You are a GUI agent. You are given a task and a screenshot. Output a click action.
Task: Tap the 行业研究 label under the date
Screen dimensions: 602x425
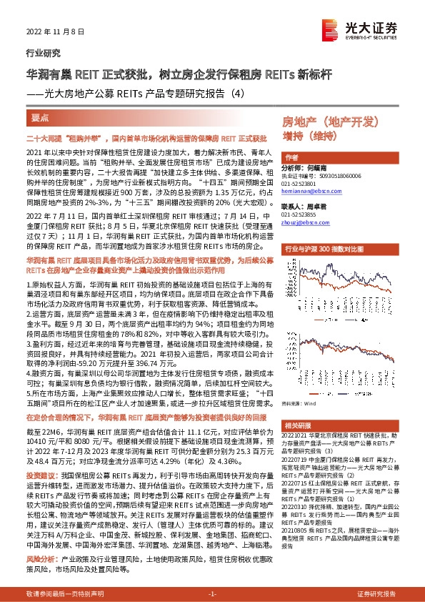[39, 53]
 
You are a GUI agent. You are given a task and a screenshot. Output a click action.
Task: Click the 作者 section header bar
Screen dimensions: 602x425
[291, 156]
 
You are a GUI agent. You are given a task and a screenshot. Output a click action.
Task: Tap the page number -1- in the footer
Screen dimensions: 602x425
[211, 593]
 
